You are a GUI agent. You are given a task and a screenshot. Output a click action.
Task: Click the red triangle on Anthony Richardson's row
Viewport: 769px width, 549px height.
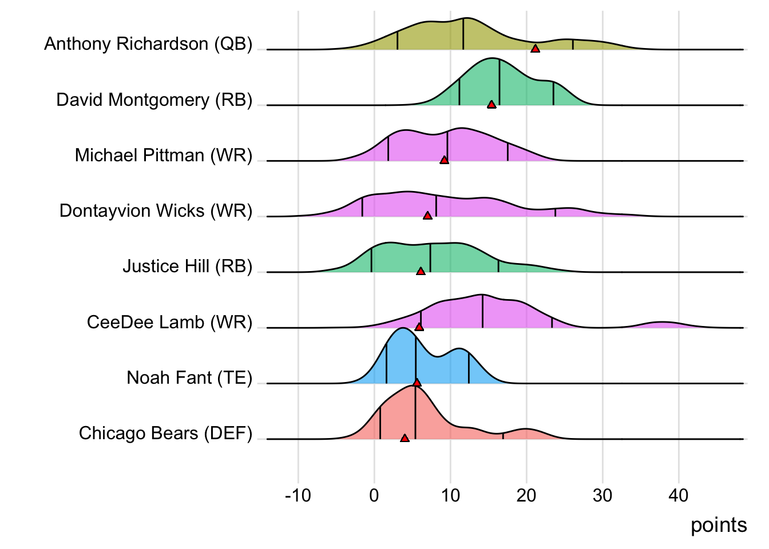pyautogui.click(x=535, y=49)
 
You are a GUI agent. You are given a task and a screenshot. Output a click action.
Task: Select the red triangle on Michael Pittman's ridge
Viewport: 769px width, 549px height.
pyautogui.click(x=445, y=160)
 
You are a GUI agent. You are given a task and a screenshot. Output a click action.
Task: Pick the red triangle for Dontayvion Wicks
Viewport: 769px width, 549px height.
pyautogui.click(x=427, y=216)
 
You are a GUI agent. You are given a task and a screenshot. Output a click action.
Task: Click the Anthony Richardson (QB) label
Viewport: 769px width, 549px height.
pyautogui.click(x=148, y=44)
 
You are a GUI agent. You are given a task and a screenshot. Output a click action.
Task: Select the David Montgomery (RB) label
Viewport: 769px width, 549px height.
pyautogui.click(x=154, y=100)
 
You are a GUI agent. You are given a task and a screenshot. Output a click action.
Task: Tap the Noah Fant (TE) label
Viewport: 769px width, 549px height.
pyautogui.click(x=189, y=378)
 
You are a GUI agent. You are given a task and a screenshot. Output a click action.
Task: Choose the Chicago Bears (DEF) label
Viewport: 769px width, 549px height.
pyautogui.click(x=165, y=433)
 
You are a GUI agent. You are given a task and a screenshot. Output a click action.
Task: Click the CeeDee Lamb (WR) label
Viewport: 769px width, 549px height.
pyautogui.click(x=169, y=323)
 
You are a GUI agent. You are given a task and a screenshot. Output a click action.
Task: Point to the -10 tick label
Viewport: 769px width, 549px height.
pyautogui.click(x=298, y=495)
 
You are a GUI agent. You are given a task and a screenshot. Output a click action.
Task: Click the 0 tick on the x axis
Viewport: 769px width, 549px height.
pyautogui.click(x=374, y=495)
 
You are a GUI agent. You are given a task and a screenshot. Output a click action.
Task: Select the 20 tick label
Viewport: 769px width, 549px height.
pyautogui.click(x=526, y=495)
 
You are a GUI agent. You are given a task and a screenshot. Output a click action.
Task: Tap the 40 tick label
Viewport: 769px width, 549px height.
pyautogui.click(x=679, y=495)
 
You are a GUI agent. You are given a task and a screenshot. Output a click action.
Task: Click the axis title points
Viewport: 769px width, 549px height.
pyautogui.click(x=719, y=525)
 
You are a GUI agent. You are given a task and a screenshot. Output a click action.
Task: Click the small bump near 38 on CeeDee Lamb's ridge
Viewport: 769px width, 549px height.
pyautogui.click(x=663, y=324)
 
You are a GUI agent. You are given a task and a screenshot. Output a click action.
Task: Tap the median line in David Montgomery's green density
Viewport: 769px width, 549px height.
pyautogui.click(x=500, y=83)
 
